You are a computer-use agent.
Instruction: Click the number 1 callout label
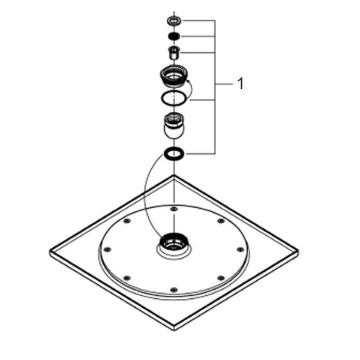(x=241, y=83)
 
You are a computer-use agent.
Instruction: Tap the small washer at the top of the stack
(x=174, y=21)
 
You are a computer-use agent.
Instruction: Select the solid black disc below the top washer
(x=174, y=36)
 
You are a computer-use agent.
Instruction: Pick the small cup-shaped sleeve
(x=174, y=53)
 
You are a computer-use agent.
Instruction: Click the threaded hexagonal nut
(x=174, y=76)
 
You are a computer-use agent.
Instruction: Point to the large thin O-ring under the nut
(x=161, y=98)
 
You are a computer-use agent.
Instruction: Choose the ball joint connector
(x=174, y=125)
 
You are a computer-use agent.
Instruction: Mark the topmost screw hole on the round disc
(x=174, y=209)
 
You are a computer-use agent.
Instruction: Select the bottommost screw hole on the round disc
(x=174, y=290)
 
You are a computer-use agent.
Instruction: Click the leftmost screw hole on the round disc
(x=107, y=250)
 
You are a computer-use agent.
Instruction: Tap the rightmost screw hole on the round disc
(x=241, y=250)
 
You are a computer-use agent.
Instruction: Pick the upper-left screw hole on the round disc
(x=127, y=221)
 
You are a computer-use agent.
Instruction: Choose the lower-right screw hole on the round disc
(x=221, y=278)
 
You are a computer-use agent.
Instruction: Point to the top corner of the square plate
(x=174, y=175)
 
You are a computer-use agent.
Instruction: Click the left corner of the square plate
(x=50, y=252)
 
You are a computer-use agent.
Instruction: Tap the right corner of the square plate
(x=298, y=252)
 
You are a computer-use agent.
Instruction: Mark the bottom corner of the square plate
(x=174, y=330)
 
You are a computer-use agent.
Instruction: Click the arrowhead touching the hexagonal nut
(x=187, y=80)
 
